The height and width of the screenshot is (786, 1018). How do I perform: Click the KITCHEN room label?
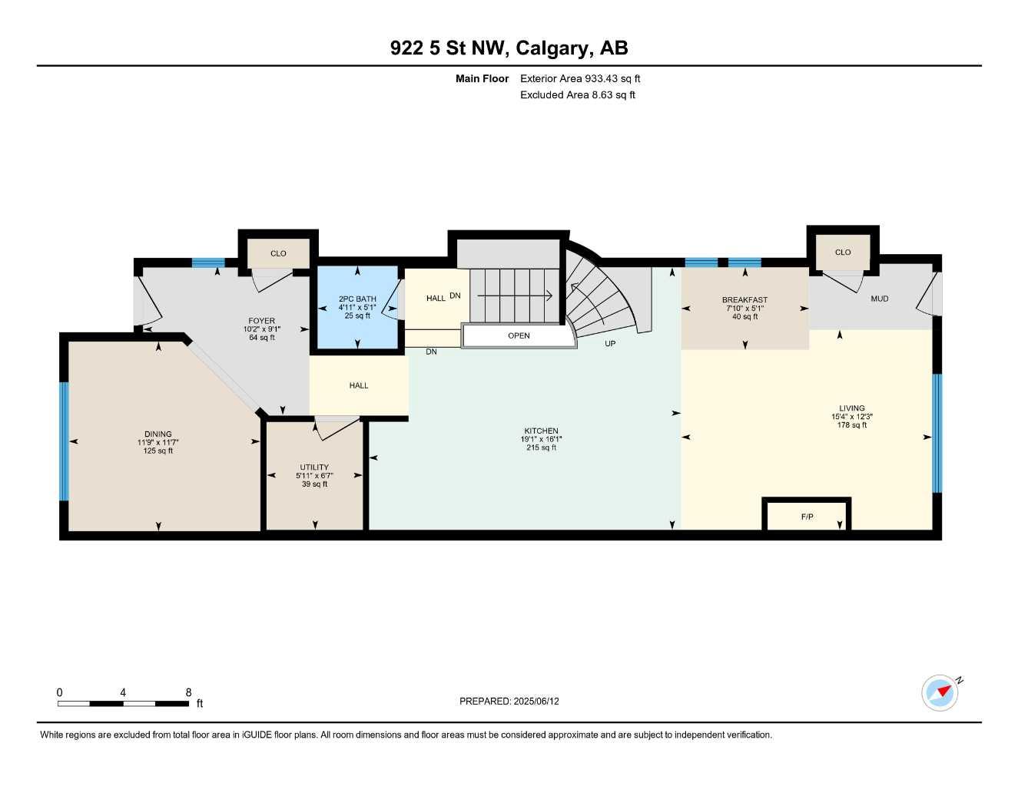[541, 431]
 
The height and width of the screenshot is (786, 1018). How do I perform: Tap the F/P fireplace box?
[807, 516]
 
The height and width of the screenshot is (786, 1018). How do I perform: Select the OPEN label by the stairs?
[519, 335]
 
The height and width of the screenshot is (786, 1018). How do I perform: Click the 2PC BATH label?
[357, 299]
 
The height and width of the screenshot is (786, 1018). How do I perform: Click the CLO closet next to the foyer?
[278, 253]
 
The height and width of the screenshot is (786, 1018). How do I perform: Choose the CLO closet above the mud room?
[843, 252]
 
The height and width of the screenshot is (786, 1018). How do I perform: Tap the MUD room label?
[879, 299]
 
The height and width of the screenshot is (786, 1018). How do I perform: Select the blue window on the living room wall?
[937, 433]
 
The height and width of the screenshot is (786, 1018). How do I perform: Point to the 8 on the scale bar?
[188, 692]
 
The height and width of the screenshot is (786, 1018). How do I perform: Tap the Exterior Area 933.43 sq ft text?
[580, 78]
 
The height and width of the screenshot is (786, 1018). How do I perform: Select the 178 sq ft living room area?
[851, 425]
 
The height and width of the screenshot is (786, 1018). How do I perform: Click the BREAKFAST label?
[744, 300]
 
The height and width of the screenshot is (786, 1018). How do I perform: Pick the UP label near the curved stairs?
[610, 344]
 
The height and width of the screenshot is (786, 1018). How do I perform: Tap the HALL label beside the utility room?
[359, 385]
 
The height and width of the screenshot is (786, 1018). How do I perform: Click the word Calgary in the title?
[552, 48]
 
